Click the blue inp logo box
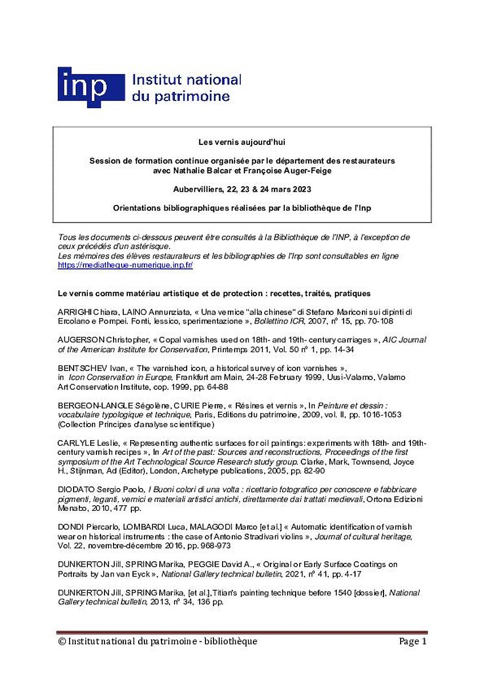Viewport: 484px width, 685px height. pos(90,87)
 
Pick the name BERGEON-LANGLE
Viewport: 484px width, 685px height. pos(94,405)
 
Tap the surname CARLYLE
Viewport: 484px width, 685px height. pos(76,445)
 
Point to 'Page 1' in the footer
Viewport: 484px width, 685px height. pos(413,642)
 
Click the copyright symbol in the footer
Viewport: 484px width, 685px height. pos(62,642)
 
